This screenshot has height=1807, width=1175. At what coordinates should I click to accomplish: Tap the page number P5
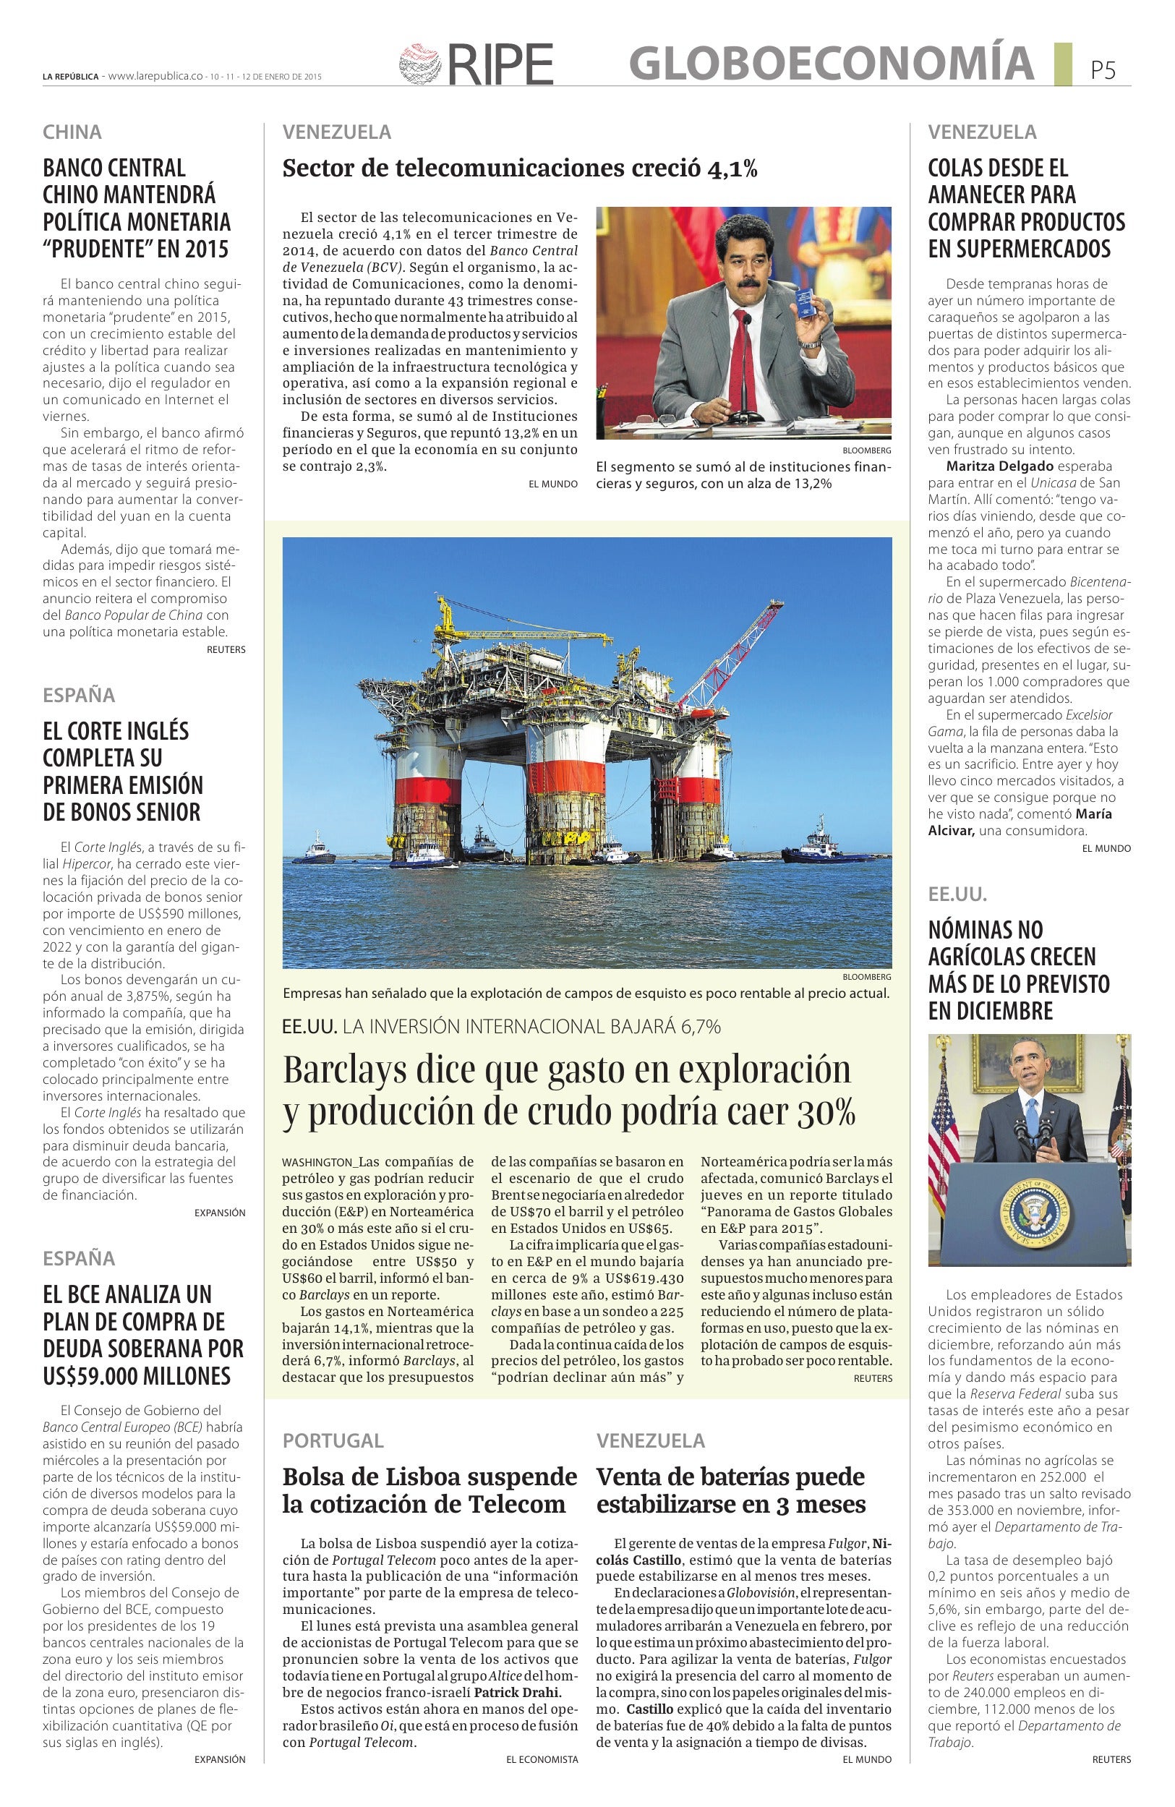pyautogui.click(x=1103, y=71)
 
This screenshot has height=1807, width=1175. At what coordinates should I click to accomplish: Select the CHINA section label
pyautogui.click(x=72, y=132)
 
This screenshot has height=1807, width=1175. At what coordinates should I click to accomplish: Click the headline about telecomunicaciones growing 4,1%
pyautogui.click(x=519, y=168)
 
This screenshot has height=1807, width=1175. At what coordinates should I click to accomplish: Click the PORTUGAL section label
pyautogui.click(x=333, y=1440)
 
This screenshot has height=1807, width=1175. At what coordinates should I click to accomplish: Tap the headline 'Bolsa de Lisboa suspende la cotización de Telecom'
pyautogui.click(x=430, y=1490)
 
